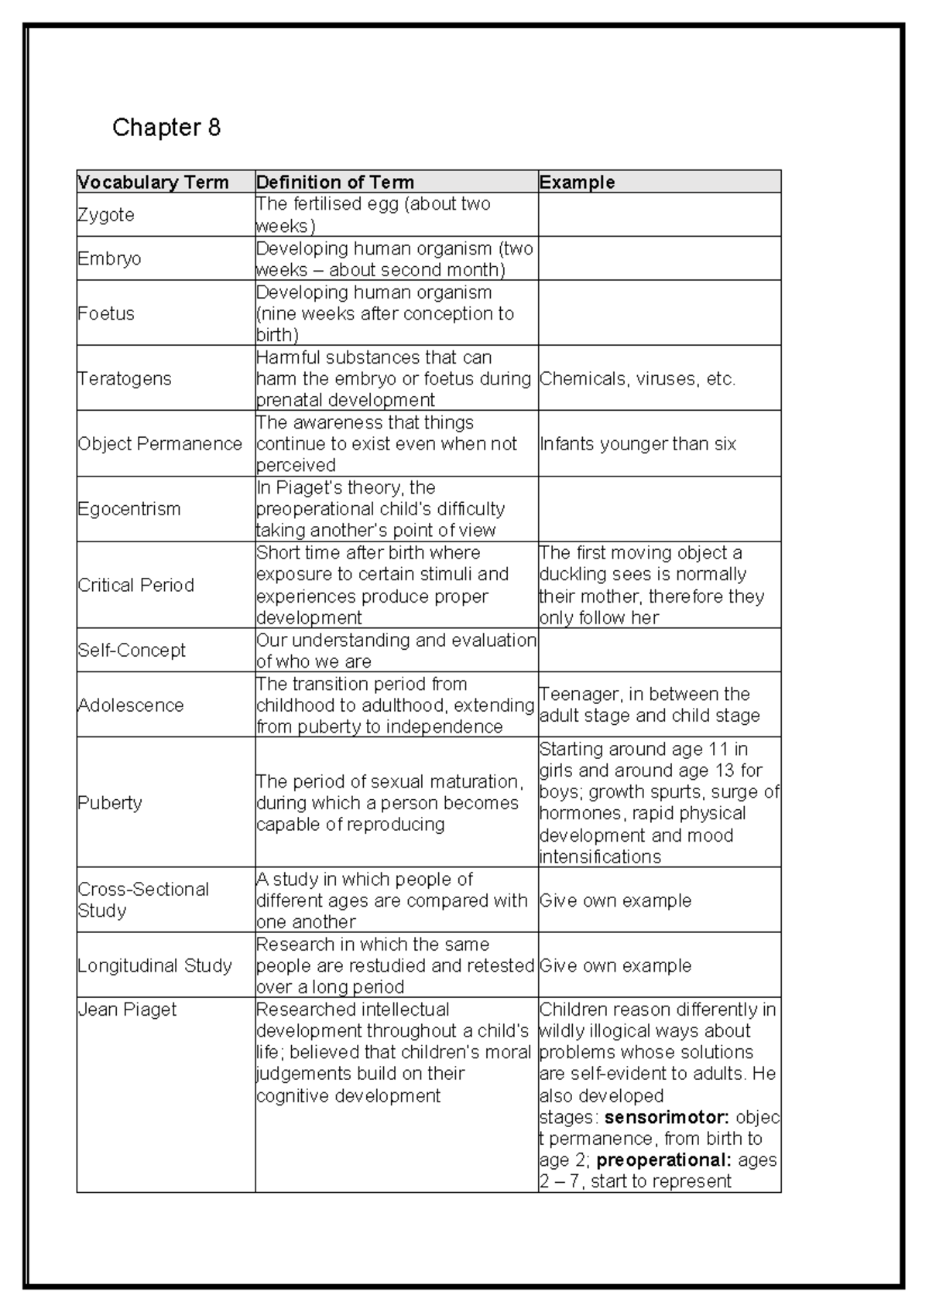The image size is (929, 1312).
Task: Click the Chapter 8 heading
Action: (x=166, y=127)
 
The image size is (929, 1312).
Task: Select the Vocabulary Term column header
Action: (x=153, y=183)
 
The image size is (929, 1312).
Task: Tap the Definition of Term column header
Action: (x=334, y=183)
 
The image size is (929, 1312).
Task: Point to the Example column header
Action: (x=577, y=183)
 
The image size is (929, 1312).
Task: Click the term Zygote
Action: (x=106, y=215)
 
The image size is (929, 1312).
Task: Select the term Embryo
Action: (x=109, y=258)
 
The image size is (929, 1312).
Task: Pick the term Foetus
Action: (x=106, y=313)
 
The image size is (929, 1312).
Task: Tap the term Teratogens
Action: (x=125, y=378)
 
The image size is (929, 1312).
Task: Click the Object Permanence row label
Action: (x=159, y=444)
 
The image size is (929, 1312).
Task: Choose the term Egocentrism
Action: (x=129, y=509)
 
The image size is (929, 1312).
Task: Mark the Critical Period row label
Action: (x=135, y=585)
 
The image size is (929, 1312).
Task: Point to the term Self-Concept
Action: (x=132, y=650)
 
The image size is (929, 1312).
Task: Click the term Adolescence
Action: (x=131, y=705)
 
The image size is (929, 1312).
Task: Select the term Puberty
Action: (x=110, y=802)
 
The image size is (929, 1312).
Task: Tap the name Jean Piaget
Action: (x=127, y=1010)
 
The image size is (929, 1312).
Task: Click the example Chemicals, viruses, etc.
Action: (x=637, y=379)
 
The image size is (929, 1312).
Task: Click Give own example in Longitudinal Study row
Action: (x=615, y=965)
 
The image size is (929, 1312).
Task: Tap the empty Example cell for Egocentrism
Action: (x=659, y=509)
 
